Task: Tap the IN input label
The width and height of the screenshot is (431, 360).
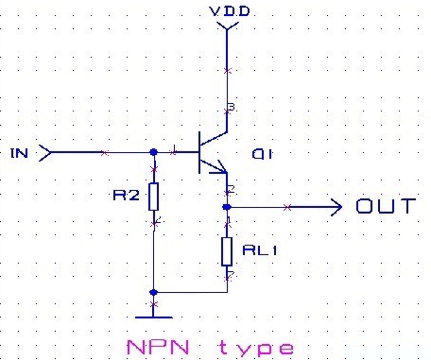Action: pos(18,151)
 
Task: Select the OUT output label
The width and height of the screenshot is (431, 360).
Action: pos(385,206)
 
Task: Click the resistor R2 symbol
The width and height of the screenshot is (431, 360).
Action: pos(155,197)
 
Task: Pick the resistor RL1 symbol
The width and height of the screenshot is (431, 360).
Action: pos(227,250)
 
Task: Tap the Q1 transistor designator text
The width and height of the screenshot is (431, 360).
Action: pos(262,154)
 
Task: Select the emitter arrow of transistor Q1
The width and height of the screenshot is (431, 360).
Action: pos(224,169)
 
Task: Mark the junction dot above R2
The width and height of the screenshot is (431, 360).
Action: pos(154,151)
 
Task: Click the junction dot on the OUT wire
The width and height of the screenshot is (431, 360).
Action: pos(227,206)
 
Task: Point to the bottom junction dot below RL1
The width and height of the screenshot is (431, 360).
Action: pos(153,292)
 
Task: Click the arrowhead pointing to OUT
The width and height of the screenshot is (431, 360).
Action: pos(335,206)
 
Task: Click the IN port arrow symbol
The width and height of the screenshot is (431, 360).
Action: pos(43,151)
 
